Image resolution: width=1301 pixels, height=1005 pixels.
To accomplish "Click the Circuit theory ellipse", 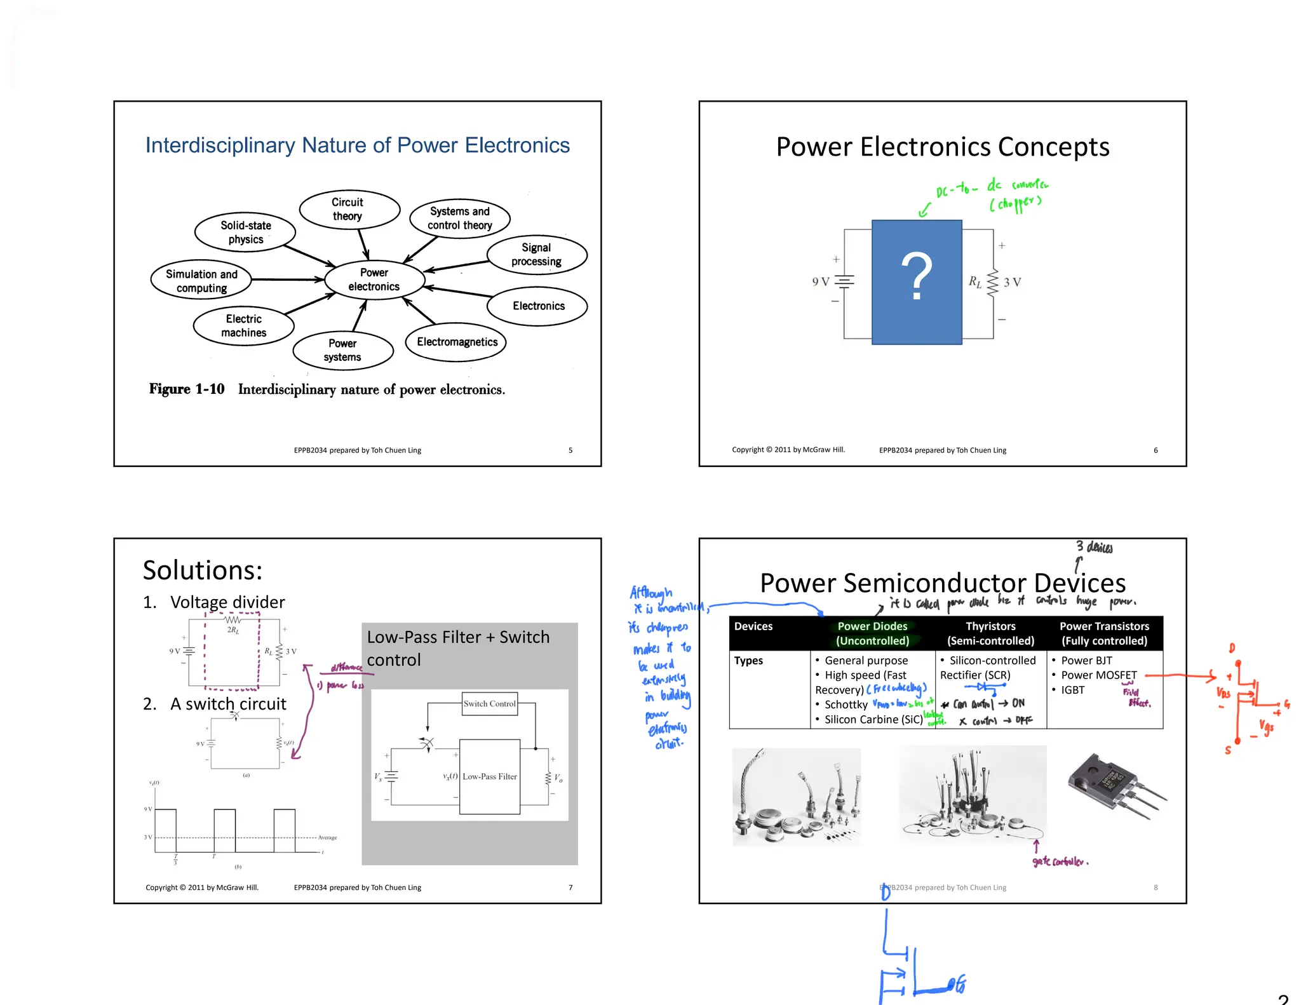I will (x=349, y=209).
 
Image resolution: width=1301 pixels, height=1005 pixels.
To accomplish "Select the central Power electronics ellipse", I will (x=374, y=280).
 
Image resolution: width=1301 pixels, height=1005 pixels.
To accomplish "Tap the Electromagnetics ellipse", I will (x=456, y=342).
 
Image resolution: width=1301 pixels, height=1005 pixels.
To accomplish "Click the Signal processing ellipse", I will (x=536, y=255).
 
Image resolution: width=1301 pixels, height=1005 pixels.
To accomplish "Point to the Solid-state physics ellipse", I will (x=245, y=233).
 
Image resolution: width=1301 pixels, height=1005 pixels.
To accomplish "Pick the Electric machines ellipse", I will (x=243, y=326).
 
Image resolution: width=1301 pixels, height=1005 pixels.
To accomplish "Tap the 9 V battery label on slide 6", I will (x=820, y=281).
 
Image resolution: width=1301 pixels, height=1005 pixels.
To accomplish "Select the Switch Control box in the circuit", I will (x=489, y=704).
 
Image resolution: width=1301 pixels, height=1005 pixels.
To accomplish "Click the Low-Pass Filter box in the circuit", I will (x=489, y=776).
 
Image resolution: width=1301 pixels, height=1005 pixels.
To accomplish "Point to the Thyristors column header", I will (x=990, y=633).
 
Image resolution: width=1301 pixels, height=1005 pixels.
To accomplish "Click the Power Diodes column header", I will (x=872, y=633).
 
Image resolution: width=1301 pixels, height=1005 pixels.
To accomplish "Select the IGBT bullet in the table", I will (x=1072, y=690).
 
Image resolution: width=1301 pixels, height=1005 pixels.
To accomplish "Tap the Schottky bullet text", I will (x=846, y=705).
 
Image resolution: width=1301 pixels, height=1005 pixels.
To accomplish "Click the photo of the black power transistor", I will (x=1115, y=786).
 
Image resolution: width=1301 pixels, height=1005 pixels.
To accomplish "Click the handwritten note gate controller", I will (x=1060, y=861).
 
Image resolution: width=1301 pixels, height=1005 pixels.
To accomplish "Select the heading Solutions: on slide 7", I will (x=203, y=570).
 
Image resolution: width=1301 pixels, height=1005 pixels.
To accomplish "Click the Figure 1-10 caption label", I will (x=187, y=389).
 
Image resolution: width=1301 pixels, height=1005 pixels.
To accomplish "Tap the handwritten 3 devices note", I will (x=1094, y=547).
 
